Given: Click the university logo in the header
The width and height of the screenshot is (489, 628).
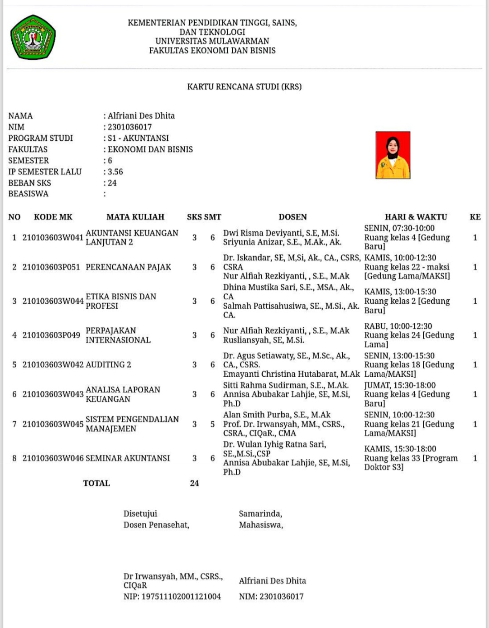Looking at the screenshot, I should [33, 38].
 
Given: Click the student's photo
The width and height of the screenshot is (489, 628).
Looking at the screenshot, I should [393, 155].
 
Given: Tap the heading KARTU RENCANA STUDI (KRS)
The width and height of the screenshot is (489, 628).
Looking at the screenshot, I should [244, 86].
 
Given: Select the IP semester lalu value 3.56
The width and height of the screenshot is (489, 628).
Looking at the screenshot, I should [115, 172].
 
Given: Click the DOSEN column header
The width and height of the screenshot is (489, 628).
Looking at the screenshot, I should [292, 217].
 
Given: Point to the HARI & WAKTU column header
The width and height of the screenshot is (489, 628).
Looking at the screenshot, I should [416, 217].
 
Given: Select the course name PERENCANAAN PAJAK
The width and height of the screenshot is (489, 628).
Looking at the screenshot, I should [128, 267].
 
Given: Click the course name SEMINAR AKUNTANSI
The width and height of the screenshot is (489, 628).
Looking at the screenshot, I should [128, 458].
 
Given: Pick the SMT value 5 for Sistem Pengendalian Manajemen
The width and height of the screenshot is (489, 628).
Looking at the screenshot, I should [212, 424].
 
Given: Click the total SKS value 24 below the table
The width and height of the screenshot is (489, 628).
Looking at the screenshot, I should [194, 483].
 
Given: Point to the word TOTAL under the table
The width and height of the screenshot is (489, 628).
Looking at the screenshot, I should [96, 483].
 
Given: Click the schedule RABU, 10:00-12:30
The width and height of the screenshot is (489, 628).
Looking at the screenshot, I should [398, 326].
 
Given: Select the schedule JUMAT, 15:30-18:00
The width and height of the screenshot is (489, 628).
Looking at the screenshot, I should [400, 385].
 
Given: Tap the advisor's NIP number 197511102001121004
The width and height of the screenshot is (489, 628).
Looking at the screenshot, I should [181, 596].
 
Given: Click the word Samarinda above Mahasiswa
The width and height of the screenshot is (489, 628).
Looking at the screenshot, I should [260, 513].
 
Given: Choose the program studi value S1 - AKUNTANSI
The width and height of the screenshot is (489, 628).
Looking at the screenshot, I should [138, 138].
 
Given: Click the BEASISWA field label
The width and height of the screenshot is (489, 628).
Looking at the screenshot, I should [28, 194].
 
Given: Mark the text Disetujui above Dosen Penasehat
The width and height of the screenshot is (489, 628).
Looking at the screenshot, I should [140, 513].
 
